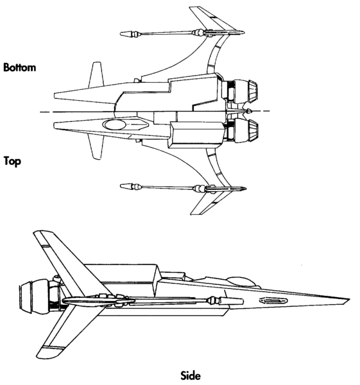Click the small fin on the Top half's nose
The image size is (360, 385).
(x=96, y=150)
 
